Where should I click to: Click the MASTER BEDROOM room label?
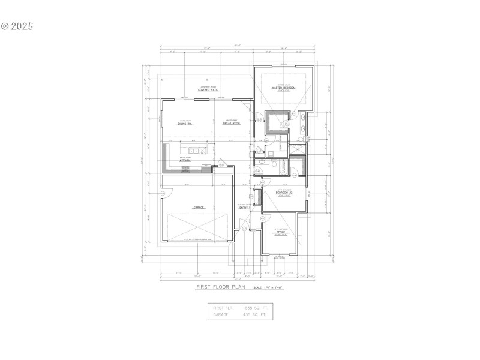coord(284,88)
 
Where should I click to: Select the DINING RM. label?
coord(185,124)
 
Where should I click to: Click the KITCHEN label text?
coord(185,161)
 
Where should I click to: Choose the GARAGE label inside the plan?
coord(198,208)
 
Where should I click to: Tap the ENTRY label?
coord(244,208)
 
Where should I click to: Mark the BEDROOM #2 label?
coord(284,193)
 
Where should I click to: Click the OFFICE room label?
coord(281,232)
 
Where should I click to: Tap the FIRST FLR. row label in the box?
coord(223,307)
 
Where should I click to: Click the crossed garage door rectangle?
coord(197,227)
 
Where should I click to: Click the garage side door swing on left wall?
coord(166,193)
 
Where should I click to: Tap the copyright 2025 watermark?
coord(17,26)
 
